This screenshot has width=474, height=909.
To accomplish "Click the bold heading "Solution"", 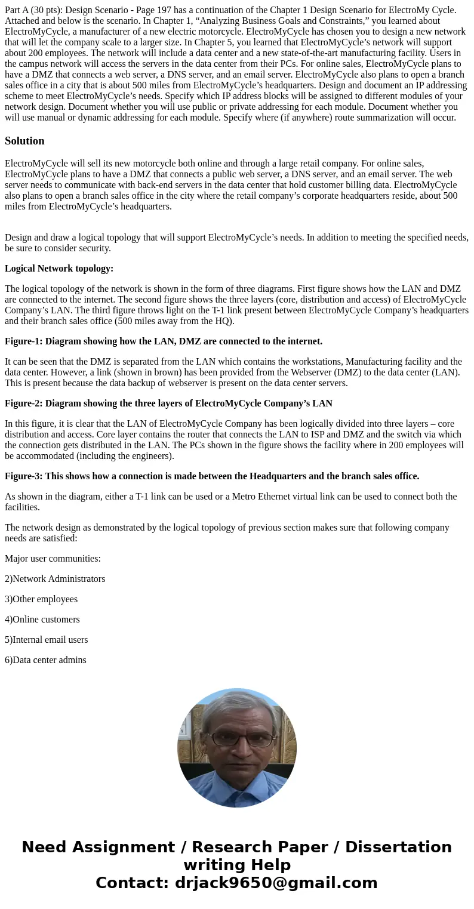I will click(x=24, y=141).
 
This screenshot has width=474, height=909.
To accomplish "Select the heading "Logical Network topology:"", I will click(x=59, y=269).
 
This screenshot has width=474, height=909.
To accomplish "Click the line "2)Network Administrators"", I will click(x=55, y=579).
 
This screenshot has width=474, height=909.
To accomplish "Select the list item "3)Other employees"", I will click(x=41, y=599).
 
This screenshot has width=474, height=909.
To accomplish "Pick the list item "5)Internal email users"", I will click(x=47, y=640).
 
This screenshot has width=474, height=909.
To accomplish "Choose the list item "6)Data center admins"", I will click(x=45, y=660).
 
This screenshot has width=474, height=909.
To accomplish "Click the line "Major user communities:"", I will click(x=53, y=559).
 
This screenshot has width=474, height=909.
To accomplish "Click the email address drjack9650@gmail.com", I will click(x=276, y=883).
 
